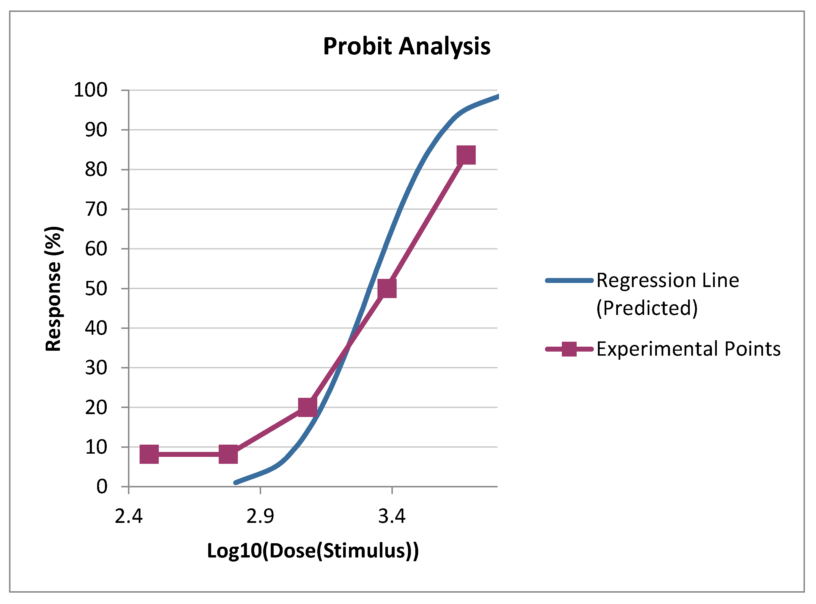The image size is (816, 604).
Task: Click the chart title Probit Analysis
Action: [x=407, y=47]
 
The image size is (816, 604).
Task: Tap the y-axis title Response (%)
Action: [x=54, y=289]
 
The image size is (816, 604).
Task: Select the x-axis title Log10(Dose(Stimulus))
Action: [x=313, y=551]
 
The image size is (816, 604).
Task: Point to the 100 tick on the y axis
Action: [x=91, y=90]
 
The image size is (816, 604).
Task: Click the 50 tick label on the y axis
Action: [x=96, y=288]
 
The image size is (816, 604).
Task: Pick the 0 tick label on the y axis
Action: [x=102, y=487]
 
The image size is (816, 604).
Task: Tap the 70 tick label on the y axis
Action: [x=96, y=209]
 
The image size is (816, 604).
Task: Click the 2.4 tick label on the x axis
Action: [x=129, y=516]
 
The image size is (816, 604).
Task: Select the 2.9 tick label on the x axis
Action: [x=260, y=516]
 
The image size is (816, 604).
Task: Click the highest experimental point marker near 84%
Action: [x=466, y=155]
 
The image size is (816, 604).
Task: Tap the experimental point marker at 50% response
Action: [x=387, y=288]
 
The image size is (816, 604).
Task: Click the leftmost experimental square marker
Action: [x=149, y=454]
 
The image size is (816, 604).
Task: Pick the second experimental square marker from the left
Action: [x=228, y=454]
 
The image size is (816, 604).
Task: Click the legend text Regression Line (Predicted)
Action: [x=668, y=294]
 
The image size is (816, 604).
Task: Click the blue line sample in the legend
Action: [x=569, y=280]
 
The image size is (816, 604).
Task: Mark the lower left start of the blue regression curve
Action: [x=236, y=483]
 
